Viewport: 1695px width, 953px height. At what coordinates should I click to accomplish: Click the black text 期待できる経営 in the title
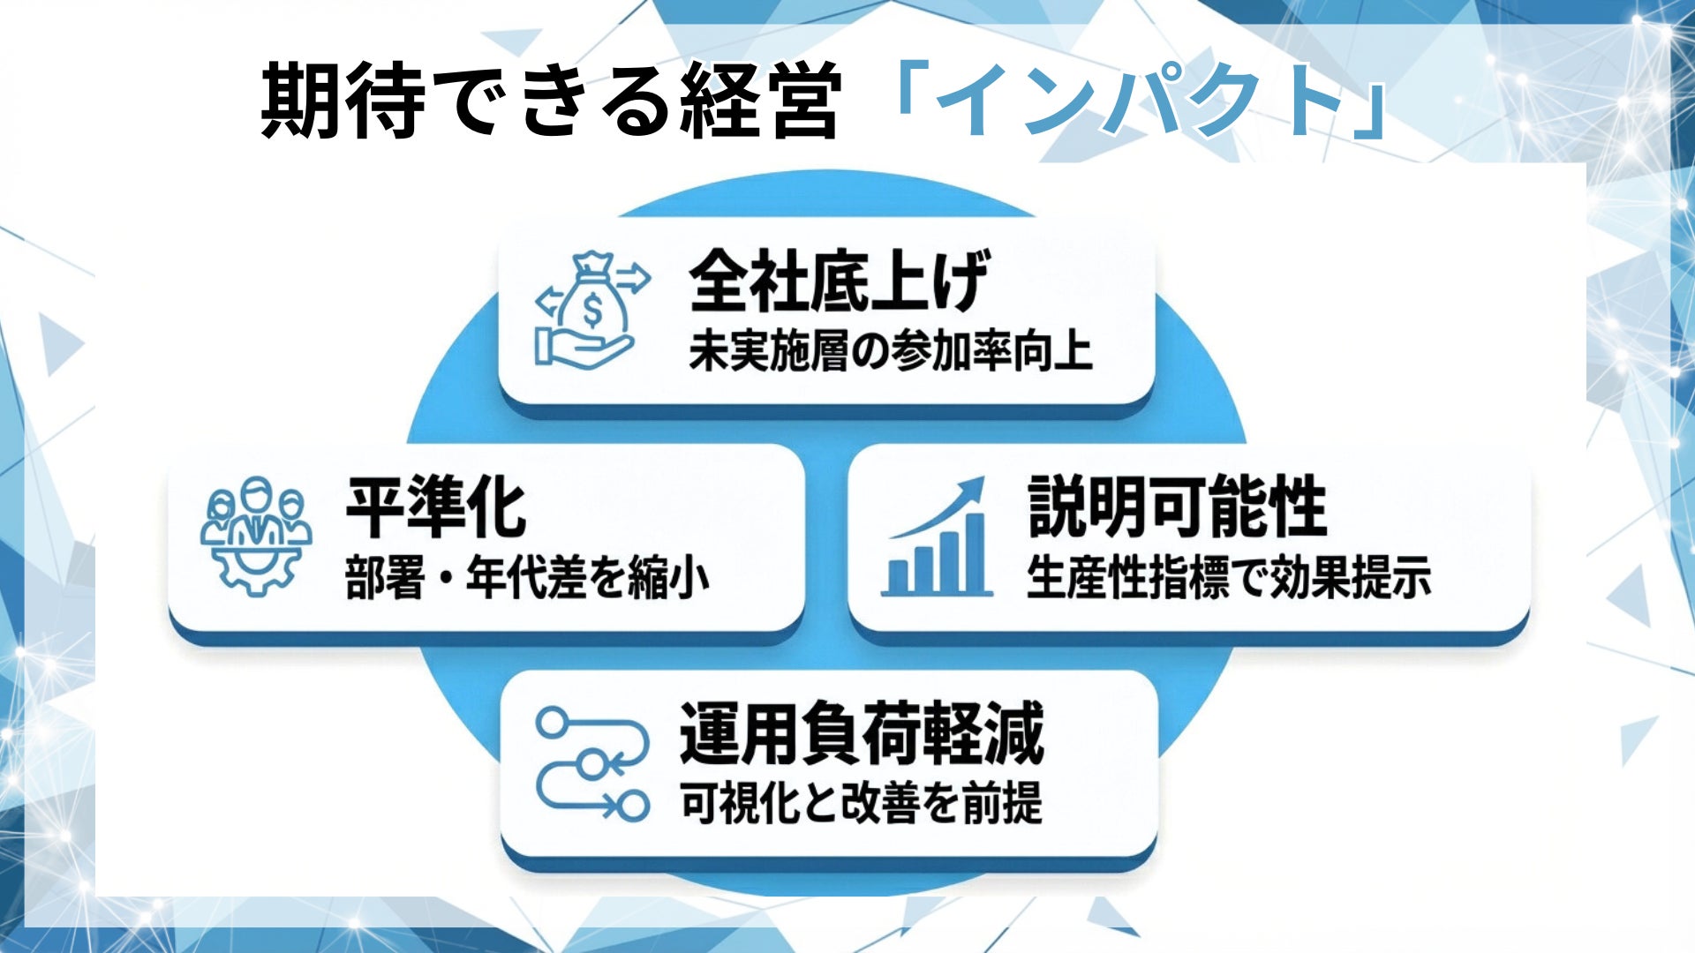[x=549, y=101]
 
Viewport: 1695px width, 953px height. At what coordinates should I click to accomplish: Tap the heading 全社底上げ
[x=838, y=281]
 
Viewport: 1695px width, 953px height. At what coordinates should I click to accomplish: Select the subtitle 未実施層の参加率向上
[x=890, y=351]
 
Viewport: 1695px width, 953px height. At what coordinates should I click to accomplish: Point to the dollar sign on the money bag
[x=592, y=308]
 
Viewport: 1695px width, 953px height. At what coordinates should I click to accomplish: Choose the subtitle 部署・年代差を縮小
[x=527, y=579]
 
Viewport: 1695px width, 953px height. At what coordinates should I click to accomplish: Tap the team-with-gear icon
[x=256, y=535]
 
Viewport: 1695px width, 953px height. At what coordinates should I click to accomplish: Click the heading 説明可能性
[x=1177, y=507]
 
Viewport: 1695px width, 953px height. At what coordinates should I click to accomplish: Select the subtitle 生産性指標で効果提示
[x=1228, y=579]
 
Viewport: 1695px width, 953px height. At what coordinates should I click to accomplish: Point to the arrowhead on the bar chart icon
[x=973, y=489]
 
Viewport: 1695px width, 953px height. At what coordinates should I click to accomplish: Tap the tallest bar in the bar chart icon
[x=975, y=553]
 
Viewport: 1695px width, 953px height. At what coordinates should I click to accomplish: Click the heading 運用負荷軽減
[x=861, y=733]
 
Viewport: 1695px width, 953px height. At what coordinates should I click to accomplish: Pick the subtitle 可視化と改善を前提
[x=861, y=803]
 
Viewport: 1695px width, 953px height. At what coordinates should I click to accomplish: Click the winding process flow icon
[x=591, y=763]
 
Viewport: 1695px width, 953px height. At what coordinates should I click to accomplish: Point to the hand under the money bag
[x=583, y=349]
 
